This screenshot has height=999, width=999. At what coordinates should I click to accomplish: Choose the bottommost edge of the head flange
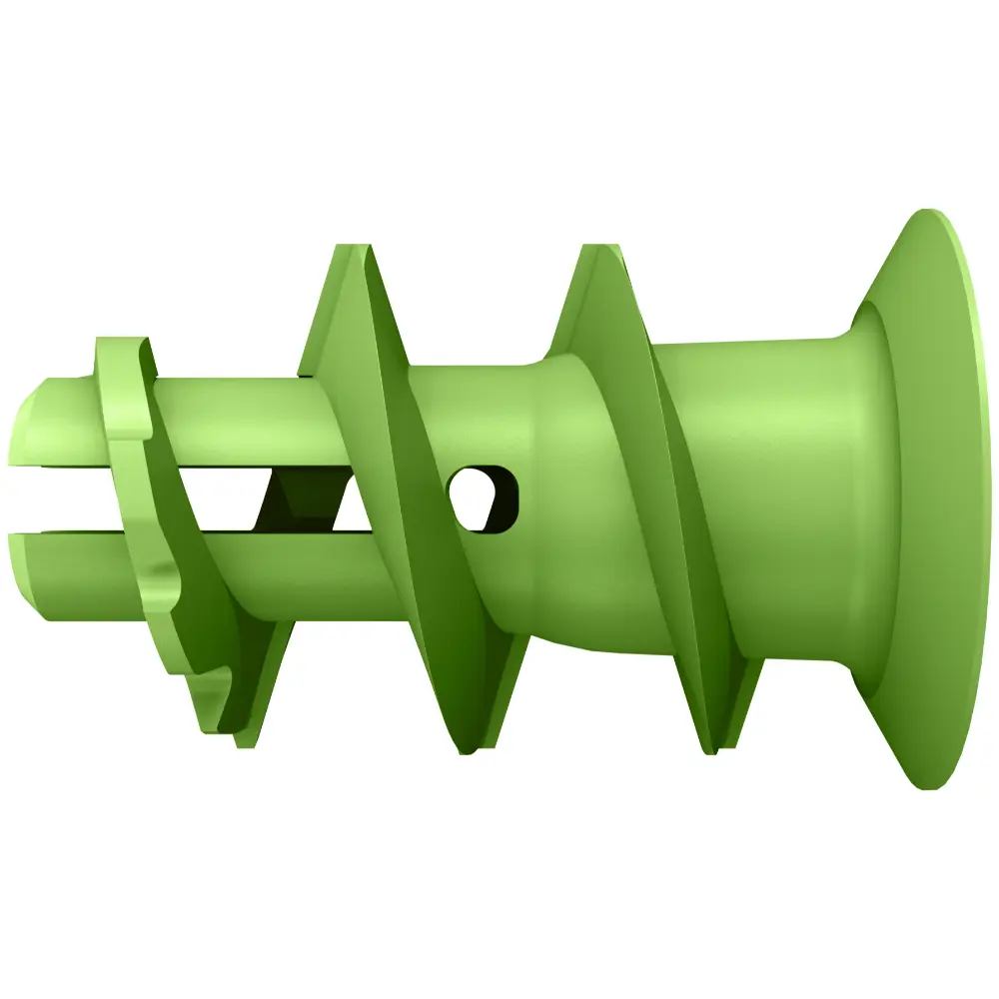929,786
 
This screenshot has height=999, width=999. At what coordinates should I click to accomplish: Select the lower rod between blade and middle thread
300,579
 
